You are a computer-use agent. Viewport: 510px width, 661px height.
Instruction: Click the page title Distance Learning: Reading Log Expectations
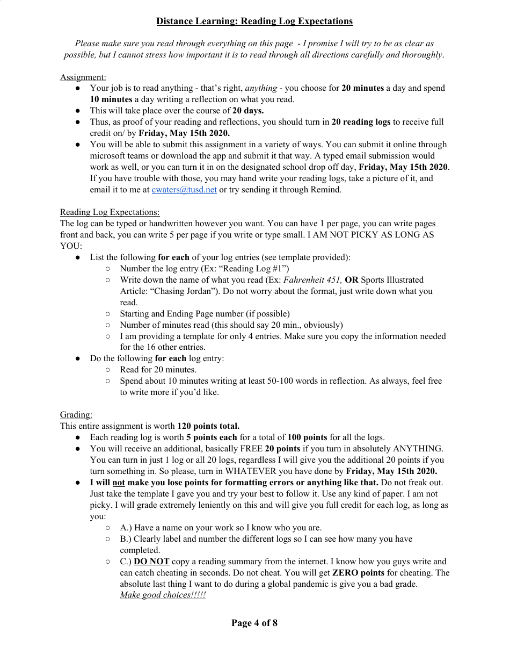[254, 21]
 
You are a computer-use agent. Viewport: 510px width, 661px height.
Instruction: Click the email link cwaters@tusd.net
[184, 190]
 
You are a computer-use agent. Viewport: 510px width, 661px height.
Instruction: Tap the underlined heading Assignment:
[83, 77]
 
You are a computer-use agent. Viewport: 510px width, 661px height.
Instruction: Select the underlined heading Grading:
[76, 414]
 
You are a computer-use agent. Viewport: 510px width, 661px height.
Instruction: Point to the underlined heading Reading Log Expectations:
[110, 212]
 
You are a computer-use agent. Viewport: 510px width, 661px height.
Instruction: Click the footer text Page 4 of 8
[254, 623]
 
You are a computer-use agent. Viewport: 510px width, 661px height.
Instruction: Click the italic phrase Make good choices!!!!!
[163, 595]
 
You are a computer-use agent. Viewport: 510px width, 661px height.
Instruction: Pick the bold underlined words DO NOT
[151, 562]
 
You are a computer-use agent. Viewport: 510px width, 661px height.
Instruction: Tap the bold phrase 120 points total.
[208, 426]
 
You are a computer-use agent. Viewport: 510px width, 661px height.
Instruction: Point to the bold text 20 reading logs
[361, 122]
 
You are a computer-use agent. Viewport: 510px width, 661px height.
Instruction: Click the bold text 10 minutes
[111, 99]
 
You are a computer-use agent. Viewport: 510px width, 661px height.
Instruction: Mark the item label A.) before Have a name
[126, 528]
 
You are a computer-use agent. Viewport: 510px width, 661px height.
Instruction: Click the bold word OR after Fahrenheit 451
[352, 279]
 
